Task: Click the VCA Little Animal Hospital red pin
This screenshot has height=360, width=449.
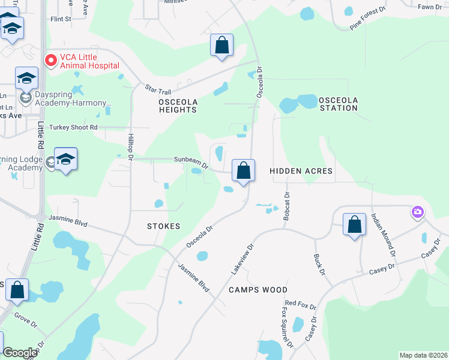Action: tap(50, 61)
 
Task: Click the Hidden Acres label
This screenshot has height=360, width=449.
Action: tap(301, 171)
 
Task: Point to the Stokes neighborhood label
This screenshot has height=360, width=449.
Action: tap(163, 226)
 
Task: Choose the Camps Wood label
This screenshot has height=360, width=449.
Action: tap(258, 290)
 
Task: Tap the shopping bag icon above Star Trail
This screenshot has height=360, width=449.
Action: tap(221, 45)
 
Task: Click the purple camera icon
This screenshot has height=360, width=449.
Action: tap(417, 212)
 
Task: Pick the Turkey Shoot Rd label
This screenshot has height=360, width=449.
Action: tap(73, 127)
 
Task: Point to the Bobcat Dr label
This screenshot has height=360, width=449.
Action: tap(287, 206)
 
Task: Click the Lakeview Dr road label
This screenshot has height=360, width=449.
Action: tap(243, 259)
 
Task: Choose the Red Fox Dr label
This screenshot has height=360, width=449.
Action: tap(300, 305)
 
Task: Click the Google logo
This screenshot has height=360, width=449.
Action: tap(20, 353)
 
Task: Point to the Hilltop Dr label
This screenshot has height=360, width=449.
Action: tap(130, 147)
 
